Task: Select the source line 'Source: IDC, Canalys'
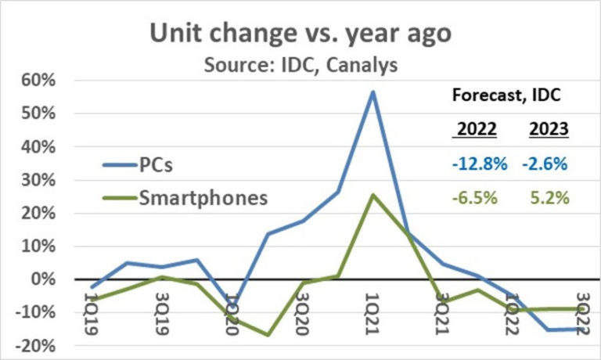300,64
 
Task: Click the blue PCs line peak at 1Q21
373,92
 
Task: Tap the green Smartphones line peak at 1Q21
373,195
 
